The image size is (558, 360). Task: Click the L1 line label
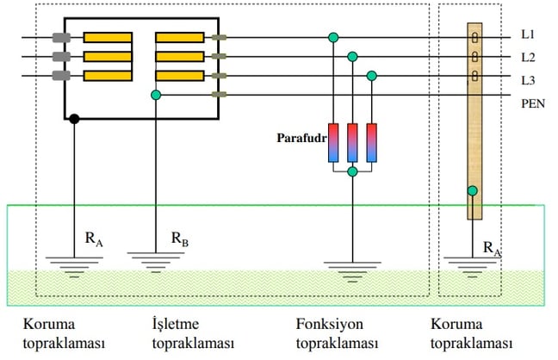[x=528, y=34]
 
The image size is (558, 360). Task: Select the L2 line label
[x=528, y=58]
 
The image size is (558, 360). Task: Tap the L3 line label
[x=528, y=80]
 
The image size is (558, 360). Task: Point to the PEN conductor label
[x=533, y=103]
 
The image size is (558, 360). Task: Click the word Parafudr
[x=301, y=138]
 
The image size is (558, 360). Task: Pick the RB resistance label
[x=180, y=239]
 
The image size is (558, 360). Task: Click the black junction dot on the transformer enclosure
[x=74, y=119]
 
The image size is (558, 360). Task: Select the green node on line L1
[x=333, y=37]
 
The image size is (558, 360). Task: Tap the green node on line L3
[x=371, y=76]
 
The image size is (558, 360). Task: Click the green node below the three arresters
[x=352, y=171]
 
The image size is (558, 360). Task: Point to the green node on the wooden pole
[x=472, y=191]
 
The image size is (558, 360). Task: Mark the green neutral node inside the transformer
[x=156, y=95]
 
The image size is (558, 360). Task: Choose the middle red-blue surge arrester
[x=352, y=143]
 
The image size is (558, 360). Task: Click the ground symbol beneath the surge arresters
[x=352, y=271]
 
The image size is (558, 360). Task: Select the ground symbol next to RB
[x=156, y=262]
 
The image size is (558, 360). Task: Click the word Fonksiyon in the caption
[x=330, y=324]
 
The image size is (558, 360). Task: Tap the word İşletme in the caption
[x=176, y=323]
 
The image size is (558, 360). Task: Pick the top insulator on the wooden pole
[x=474, y=37]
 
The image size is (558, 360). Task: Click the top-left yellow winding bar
[x=108, y=37]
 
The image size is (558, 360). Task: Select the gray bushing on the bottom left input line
[x=61, y=76]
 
